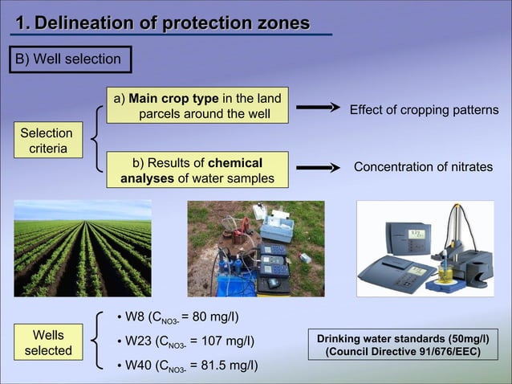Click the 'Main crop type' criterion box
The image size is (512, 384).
point(198,106)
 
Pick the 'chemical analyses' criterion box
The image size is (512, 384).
point(197,170)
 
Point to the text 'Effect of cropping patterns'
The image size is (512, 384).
point(424,110)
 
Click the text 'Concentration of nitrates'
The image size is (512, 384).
point(423,167)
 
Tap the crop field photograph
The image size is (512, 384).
point(82,248)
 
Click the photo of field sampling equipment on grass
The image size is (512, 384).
point(255,248)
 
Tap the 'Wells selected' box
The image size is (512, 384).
point(48,342)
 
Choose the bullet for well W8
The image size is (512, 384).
point(120,316)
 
